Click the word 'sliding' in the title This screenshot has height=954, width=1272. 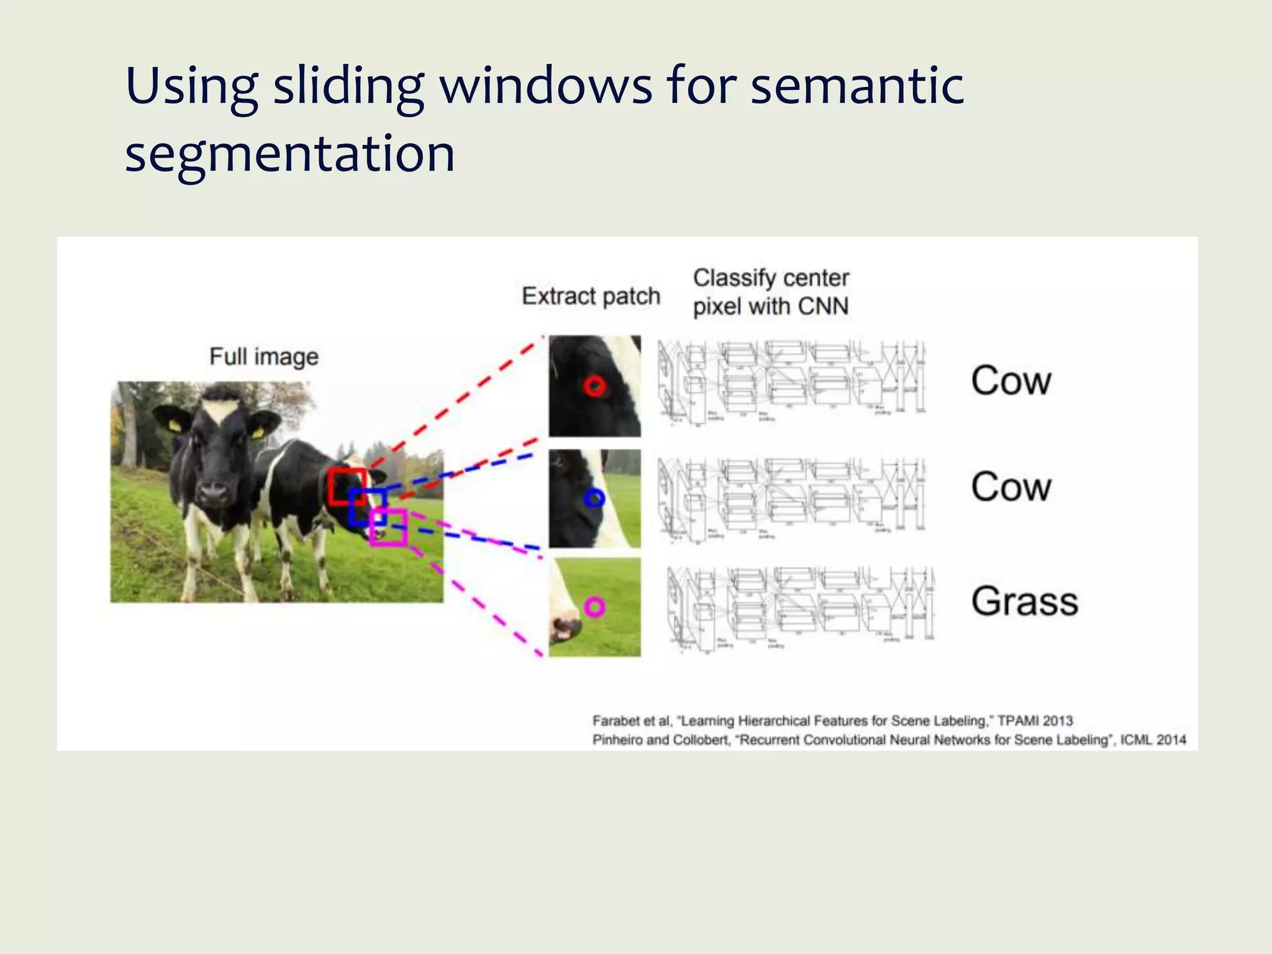(x=348, y=87)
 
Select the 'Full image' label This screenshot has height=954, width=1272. (x=264, y=357)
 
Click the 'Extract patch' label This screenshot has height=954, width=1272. (x=591, y=296)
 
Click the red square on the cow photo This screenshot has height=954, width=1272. (x=347, y=487)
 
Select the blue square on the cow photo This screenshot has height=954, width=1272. (x=367, y=507)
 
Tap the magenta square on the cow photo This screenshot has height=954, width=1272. (x=389, y=527)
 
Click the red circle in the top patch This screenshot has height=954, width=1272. (x=594, y=386)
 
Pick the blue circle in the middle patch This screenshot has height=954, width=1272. (x=594, y=497)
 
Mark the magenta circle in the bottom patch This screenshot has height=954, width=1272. (x=594, y=607)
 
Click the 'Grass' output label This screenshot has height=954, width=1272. (x=1024, y=601)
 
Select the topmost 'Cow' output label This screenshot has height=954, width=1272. (x=1011, y=381)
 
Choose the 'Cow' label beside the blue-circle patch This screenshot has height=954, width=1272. (x=1011, y=487)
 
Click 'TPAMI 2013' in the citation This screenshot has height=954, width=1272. (x=1035, y=720)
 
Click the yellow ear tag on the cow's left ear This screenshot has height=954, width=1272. (x=175, y=426)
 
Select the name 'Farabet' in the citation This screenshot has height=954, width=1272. (x=616, y=721)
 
